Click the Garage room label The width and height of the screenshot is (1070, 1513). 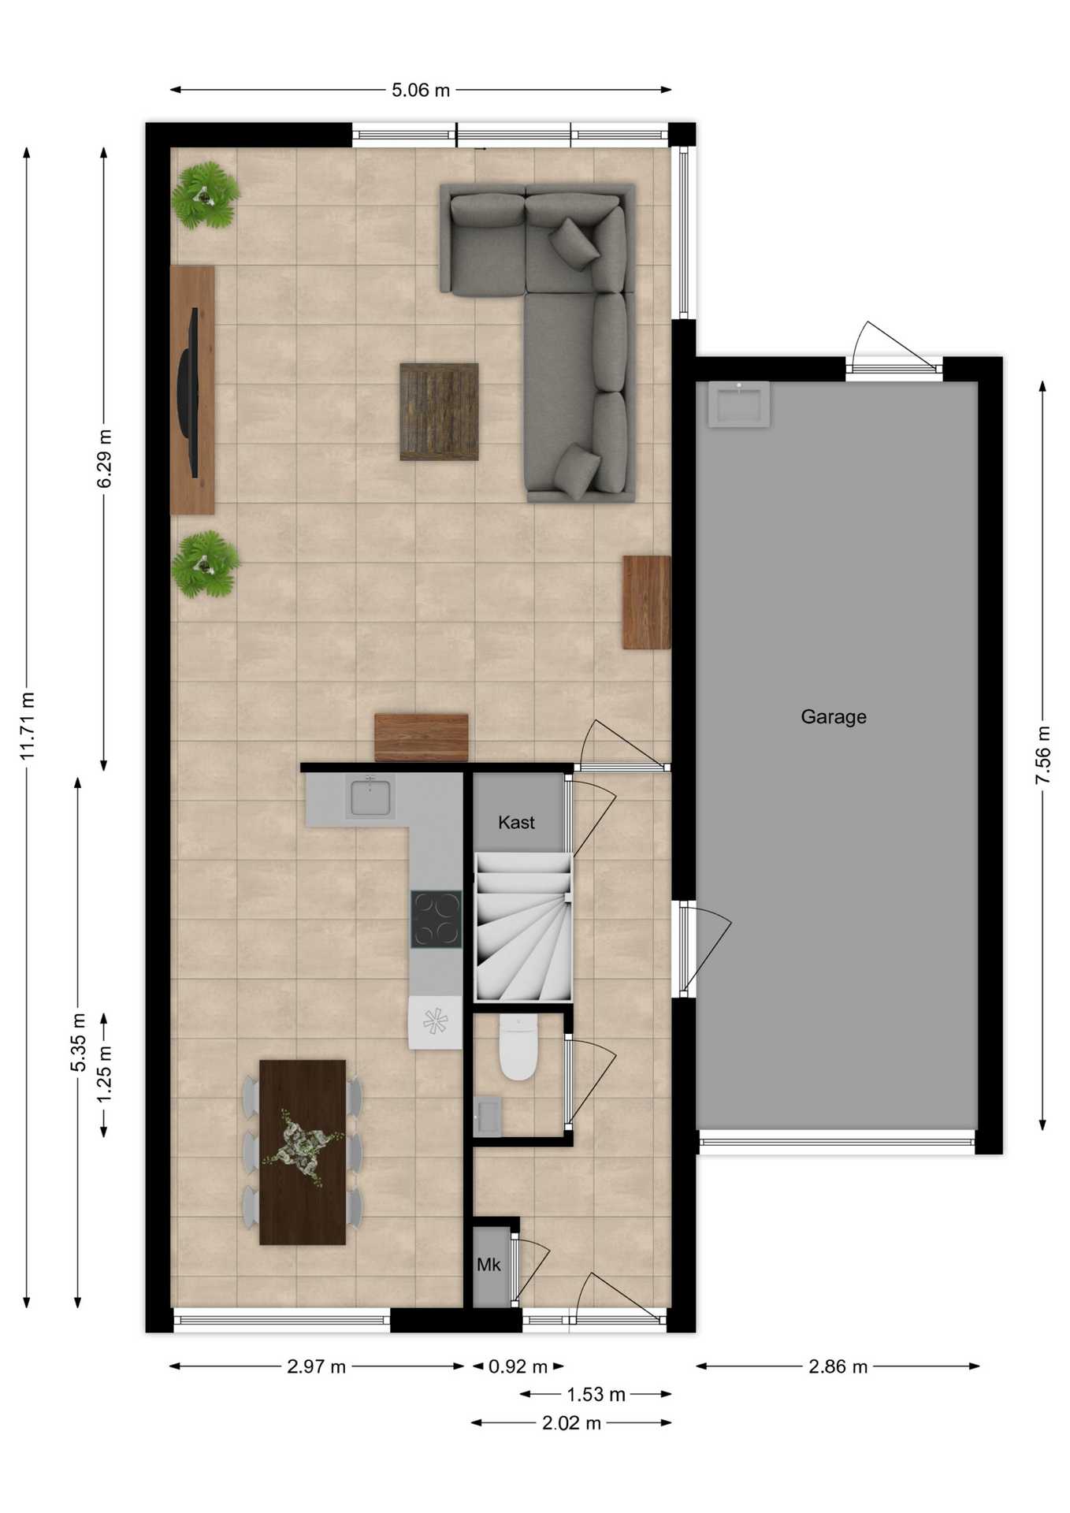click(833, 716)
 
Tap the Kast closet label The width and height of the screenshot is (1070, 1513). click(516, 822)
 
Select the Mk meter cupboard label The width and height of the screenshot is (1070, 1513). click(489, 1264)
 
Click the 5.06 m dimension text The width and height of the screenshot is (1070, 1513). click(421, 90)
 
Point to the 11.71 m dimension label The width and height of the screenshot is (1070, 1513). click(28, 726)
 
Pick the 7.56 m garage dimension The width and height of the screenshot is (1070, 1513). click(1042, 755)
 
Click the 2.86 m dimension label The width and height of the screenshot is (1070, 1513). click(838, 1366)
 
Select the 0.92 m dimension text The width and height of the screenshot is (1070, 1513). click(518, 1366)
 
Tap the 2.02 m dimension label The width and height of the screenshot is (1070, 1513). click(571, 1422)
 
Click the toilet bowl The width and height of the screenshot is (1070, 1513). click(518, 1046)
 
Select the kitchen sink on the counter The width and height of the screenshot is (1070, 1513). click(370, 797)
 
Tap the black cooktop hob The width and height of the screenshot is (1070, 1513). click(436, 919)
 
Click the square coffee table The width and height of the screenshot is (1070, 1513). click(439, 411)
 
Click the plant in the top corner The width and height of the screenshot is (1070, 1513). click(206, 195)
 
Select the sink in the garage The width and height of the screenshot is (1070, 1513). click(738, 403)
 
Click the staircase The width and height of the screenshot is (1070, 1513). click(523, 927)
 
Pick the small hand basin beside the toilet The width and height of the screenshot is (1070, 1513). click(487, 1116)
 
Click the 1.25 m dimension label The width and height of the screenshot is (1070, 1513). click(104, 1076)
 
